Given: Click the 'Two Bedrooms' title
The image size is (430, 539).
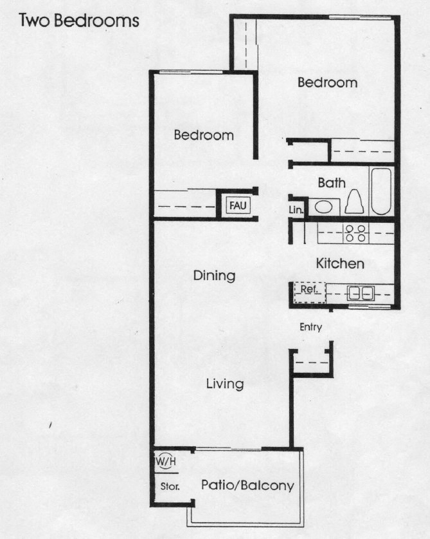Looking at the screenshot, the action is point(79,21).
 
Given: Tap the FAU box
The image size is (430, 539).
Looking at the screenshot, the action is point(238,205).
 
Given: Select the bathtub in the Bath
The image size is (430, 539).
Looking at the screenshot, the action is point(381,191).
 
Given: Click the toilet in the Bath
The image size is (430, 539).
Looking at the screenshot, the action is point(355,202).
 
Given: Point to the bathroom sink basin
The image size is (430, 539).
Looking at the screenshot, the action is point(323,207).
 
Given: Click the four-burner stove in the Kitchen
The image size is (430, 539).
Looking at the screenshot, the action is point(355,233).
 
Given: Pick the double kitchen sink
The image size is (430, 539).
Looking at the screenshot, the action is point(361,294).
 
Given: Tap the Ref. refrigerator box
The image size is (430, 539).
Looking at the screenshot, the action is point(310,292).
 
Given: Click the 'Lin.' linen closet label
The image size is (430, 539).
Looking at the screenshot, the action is point(296,210).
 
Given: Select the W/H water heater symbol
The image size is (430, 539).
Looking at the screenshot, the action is point(166,461).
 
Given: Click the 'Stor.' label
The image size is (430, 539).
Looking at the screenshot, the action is point(170,486).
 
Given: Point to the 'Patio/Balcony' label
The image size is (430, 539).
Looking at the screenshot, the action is point(247,486).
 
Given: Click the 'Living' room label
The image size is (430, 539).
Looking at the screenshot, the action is point(225,384).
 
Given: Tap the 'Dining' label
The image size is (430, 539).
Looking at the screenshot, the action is point(214,276).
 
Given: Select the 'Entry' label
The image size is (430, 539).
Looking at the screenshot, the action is point(310,327).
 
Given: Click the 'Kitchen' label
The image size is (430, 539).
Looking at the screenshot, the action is point(340,263).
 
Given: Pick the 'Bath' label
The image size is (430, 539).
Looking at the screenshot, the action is point(332,183).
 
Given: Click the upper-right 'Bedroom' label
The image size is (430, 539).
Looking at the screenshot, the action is point(327,82).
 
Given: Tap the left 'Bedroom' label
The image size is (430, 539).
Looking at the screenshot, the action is point(204,135).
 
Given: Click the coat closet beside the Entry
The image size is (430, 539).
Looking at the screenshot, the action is point(312,363).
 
